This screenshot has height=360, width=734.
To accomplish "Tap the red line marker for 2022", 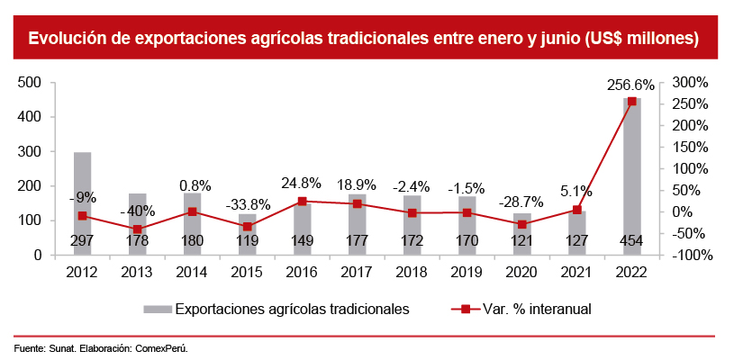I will point(632,102).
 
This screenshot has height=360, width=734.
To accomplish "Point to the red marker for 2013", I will point(138,229).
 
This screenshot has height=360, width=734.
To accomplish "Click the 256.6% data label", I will point(630,85).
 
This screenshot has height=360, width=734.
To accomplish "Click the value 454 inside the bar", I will point(632,241).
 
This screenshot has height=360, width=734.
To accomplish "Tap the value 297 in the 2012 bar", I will point(83,241).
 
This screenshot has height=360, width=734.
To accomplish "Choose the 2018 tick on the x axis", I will point(412,271).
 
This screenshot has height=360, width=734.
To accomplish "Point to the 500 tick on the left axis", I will point(32,83).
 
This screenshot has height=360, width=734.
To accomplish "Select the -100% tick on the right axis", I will point(692,256).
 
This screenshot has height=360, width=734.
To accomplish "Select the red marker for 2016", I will point(303,202).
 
